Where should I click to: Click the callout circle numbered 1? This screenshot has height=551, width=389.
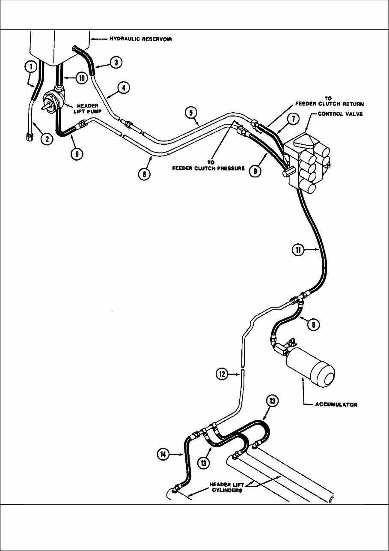coord(30,67)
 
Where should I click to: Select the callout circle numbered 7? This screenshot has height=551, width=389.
coord(292,120)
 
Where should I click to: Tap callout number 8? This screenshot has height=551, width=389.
coord(145,174)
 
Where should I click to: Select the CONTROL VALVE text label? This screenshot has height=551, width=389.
coord(340,114)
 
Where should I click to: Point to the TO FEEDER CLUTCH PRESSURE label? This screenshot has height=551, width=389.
coord(208,166)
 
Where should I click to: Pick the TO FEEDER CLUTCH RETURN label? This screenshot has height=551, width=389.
coord(329,101)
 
